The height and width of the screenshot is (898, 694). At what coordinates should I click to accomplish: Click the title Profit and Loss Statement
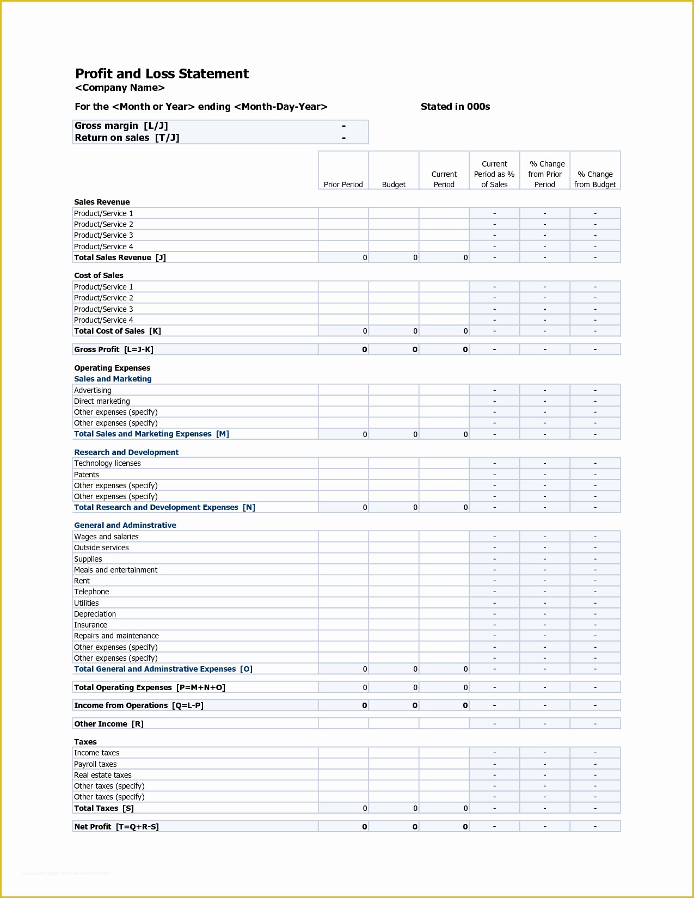(x=162, y=74)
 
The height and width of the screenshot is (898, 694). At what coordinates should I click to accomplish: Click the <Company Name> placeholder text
(x=120, y=88)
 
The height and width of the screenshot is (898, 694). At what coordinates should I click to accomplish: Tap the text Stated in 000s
(x=455, y=107)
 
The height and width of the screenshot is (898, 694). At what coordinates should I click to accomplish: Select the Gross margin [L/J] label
(x=121, y=126)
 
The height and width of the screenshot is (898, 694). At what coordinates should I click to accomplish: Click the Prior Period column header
(x=343, y=184)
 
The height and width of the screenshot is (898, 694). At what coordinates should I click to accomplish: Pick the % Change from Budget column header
(x=595, y=180)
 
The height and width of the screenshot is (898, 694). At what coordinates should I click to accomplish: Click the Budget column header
(x=394, y=184)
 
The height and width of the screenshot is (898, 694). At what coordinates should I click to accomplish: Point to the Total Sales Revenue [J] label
(x=120, y=257)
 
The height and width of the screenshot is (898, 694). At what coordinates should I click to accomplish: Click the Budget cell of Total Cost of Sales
(x=394, y=331)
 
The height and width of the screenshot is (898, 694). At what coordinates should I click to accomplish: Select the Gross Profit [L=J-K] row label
(x=113, y=349)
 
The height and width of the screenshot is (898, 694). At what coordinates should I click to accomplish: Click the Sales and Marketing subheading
(x=113, y=379)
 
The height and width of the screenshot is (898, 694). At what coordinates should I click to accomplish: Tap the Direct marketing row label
(x=102, y=401)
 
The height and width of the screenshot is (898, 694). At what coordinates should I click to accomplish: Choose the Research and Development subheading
(x=126, y=452)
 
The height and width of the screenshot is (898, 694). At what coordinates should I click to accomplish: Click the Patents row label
(x=87, y=475)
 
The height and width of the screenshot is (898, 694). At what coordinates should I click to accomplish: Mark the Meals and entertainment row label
(x=115, y=570)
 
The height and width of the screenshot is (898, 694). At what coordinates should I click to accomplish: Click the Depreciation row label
(x=95, y=614)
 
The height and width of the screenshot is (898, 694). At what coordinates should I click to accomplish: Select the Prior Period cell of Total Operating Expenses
(x=343, y=687)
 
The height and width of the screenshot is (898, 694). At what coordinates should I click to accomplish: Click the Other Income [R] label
(x=109, y=724)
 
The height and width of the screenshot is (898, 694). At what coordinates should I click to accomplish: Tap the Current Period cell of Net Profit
(x=444, y=827)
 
